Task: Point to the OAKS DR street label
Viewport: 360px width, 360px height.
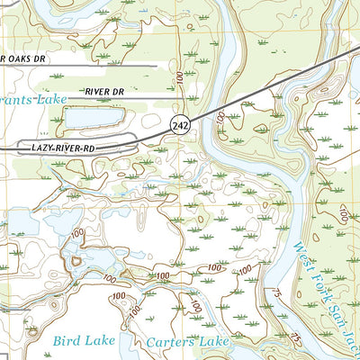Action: (24, 58)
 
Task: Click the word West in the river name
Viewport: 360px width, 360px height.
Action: (300, 242)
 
